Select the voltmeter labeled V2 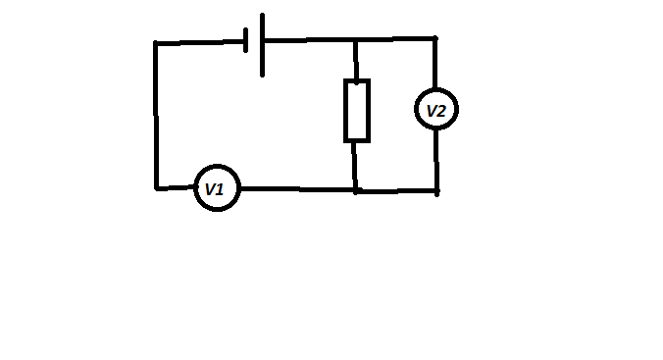pyautogui.click(x=435, y=110)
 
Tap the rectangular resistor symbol pyautogui.click(x=357, y=111)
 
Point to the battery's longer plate pyautogui.click(x=262, y=44)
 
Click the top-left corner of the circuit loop pyautogui.click(x=155, y=42)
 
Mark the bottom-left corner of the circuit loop pyautogui.click(x=156, y=186)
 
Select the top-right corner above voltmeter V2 pyautogui.click(x=435, y=39)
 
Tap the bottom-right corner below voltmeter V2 pyautogui.click(x=436, y=190)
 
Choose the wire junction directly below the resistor pyautogui.click(x=356, y=189)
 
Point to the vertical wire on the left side pyautogui.click(x=155, y=115)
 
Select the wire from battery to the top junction pyautogui.click(x=309, y=40)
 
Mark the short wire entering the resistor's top pyautogui.click(x=356, y=61)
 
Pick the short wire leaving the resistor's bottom pyautogui.click(x=356, y=165)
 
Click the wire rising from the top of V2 pyautogui.click(x=435, y=65)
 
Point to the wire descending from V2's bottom pyautogui.click(x=436, y=159)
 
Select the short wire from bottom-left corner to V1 pyautogui.click(x=176, y=186)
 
